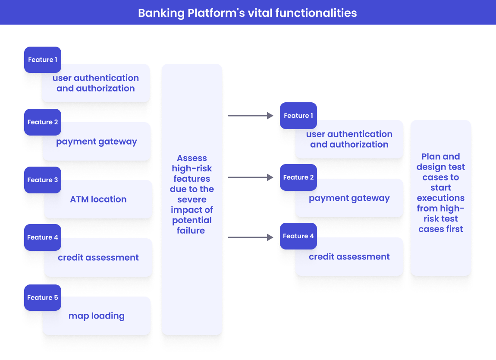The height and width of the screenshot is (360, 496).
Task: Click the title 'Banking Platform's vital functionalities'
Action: (x=248, y=13)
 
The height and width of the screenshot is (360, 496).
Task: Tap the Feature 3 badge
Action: (x=43, y=180)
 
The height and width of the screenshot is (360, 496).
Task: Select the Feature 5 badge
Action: (x=43, y=297)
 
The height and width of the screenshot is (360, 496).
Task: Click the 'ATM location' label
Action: (x=98, y=199)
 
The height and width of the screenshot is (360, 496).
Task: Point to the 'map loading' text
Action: (x=97, y=316)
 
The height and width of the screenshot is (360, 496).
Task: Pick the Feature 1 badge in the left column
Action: (x=43, y=60)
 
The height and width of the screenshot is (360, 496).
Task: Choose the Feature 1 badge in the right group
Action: (x=298, y=116)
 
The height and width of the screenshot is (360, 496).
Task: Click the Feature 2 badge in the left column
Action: (x=43, y=122)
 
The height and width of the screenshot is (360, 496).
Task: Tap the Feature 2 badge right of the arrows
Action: (x=298, y=177)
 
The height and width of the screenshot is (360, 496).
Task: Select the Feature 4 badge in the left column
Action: (x=43, y=237)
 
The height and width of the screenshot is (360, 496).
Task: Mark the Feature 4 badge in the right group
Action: (x=298, y=236)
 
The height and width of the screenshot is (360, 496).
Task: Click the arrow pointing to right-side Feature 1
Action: (x=251, y=116)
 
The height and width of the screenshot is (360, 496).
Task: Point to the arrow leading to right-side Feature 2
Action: (x=251, y=177)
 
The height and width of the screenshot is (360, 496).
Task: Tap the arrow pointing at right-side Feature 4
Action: (x=251, y=237)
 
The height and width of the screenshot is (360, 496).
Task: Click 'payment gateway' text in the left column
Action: (x=97, y=142)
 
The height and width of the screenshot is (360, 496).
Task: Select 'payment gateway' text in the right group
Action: (x=349, y=199)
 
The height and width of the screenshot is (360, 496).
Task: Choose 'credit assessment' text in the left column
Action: (x=98, y=258)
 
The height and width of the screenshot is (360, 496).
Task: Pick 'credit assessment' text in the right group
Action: (x=349, y=257)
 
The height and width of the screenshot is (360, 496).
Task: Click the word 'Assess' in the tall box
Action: (x=192, y=158)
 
